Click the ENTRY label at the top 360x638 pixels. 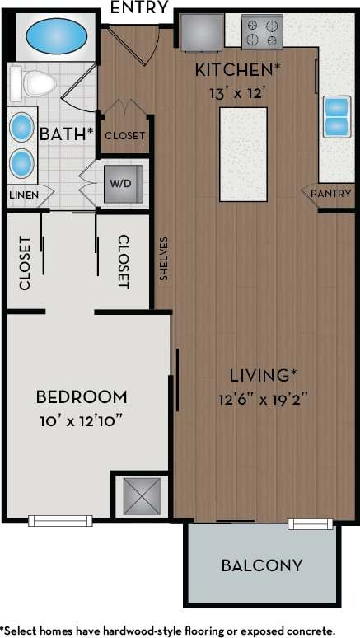[140, 9]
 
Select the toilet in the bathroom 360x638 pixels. [34, 82]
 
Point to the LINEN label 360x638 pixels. [25, 195]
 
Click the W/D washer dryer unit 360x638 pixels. [124, 184]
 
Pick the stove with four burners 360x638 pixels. [262, 31]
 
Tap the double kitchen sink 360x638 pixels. [336, 117]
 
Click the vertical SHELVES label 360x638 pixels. [164, 260]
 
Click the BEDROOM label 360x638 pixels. [82, 396]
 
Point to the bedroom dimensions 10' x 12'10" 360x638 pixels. [82, 421]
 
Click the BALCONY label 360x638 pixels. [262, 565]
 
